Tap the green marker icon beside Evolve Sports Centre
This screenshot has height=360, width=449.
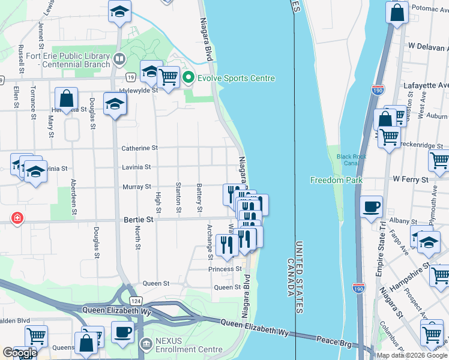click(188, 78)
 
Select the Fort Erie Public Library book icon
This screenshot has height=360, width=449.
click(119, 59)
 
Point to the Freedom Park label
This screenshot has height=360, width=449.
click(336, 180)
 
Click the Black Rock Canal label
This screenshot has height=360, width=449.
click(351, 160)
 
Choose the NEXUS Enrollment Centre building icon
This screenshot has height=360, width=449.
click(145, 345)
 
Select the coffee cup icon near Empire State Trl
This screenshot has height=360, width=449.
click(372, 206)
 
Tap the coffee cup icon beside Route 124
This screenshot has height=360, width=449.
click(123, 332)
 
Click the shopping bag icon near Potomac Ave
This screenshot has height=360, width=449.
click(397, 12)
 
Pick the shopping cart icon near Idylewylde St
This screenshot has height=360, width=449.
click(169, 76)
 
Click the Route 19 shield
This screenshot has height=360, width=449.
click(130, 77)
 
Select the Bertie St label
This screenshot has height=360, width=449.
click(138, 220)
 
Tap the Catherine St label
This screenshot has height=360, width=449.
click(139, 148)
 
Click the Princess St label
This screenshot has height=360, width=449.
click(225, 269)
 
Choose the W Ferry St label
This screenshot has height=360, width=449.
click(411, 179)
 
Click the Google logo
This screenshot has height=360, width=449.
click(19, 353)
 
